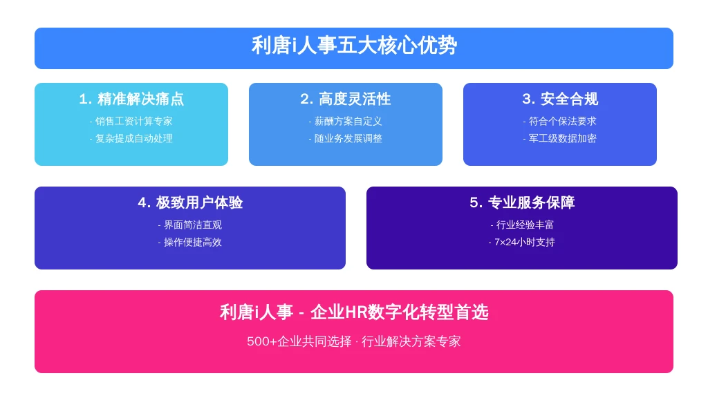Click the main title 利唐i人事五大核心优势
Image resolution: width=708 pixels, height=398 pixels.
pyautogui.click(x=354, y=46)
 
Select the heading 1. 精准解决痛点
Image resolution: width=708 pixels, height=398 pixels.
pyautogui.click(x=131, y=99)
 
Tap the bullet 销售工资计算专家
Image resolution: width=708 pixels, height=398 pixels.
pyautogui.click(x=131, y=121)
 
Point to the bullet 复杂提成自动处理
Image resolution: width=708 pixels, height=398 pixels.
pyautogui.click(x=131, y=138)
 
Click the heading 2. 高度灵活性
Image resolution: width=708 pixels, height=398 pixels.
pyautogui.click(x=346, y=99)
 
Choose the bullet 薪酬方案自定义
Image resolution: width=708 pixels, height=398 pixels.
pyautogui.click(x=346, y=121)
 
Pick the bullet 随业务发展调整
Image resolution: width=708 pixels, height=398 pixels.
pyautogui.click(x=346, y=138)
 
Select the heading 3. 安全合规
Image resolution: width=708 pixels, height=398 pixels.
pyautogui.click(x=560, y=99)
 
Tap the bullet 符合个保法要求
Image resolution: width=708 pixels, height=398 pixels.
pyautogui.click(x=560, y=121)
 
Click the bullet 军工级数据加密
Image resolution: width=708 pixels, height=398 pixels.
pyautogui.click(x=560, y=138)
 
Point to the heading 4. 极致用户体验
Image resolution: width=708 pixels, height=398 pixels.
pyautogui.click(x=190, y=202)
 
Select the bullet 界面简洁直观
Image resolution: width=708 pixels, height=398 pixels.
pyautogui.click(x=190, y=225)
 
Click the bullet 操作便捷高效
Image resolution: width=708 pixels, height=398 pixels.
pyautogui.click(x=190, y=243)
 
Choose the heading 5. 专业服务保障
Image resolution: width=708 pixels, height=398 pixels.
pyautogui.click(x=522, y=202)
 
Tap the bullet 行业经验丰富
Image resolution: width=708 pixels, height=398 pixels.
pyautogui.click(x=522, y=225)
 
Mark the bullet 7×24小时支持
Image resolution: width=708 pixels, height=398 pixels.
pyautogui.click(x=522, y=243)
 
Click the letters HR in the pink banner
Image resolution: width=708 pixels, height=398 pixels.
pyautogui.click(x=356, y=312)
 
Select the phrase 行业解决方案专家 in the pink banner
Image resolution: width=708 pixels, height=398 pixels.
pyautogui.click(x=411, y=341)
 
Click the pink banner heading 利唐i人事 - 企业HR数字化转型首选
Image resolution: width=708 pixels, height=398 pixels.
pyautogui.click(x=354, y=312)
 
